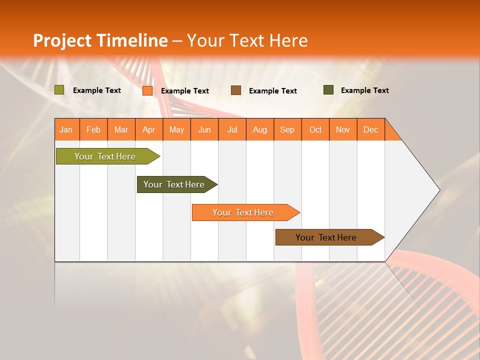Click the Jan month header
coord(66,129)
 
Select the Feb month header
coord(93,129)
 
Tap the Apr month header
coord(148,129)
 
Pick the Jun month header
coord(204,129)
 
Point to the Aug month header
coord(259,129)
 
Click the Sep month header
coord(287,129)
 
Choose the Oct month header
coord(315,129)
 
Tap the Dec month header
coord(370,129)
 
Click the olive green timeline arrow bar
coord(105,156)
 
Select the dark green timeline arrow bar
coord(174,184)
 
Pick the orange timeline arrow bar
coord(243,212)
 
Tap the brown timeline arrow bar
coord(326,237)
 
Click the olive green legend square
coord(59,90)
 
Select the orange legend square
coord(147,90)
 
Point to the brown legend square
coord(236,90)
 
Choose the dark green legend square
coord(328,90)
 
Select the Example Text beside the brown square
coord(273,91)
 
